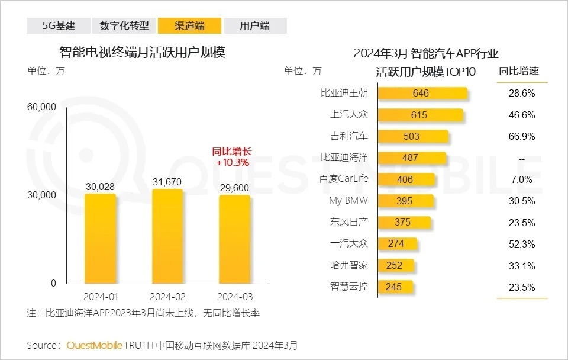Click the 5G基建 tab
(x=59, y=25)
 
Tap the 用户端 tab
(x=255, y=25)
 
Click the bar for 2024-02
(x=167, y=237)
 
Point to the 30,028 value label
(x=100, y=187)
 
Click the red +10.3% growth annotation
(x=233, y=162)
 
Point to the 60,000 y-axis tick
(x=41, y=107)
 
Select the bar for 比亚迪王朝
(x=422, y=94)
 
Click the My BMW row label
(x=348, y=201)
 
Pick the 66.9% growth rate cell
(x=522, y=137)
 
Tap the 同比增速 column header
(x=518, y=72)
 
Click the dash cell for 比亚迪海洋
(x=522, y=158)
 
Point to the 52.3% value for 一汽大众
(x=522, y=244)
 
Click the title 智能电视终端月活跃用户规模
(x=143, y=52)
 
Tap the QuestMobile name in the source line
(x=95, y=345)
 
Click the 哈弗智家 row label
(x=348, y=265)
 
